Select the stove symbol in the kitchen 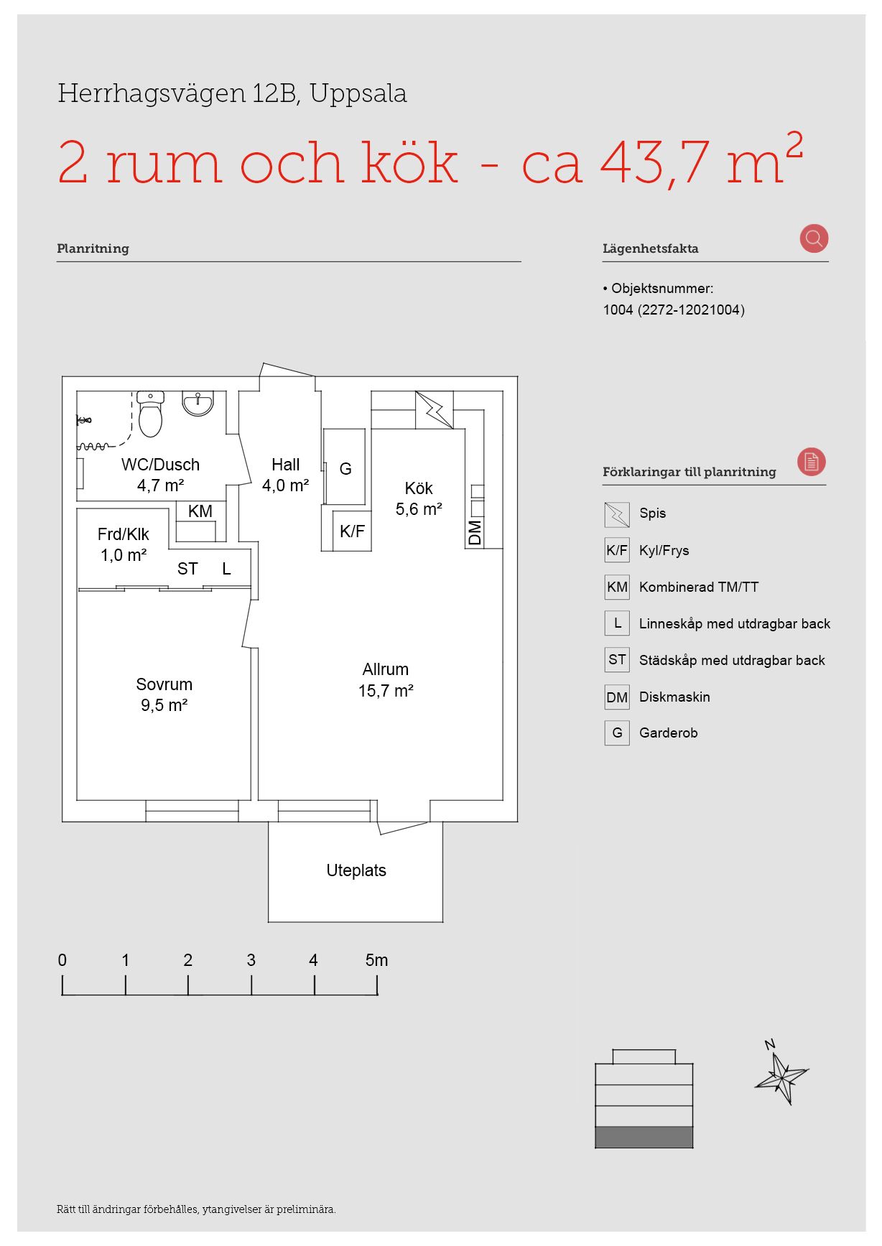[x=435, y=409]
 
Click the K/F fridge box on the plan [x=352, y=531]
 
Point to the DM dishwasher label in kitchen [x=475, y=533]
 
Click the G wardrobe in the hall [x=345, y=468]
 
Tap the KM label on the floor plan [x=200, y=511]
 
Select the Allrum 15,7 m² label [x=386, y=679]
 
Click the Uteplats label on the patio [x=356, y=870]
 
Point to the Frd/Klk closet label [x=124, y=544]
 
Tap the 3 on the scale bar [x=251, y=960]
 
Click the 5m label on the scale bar [x=376, y=960]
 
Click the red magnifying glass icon [x=814, y=238]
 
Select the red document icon [x=812, y=462]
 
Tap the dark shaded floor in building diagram [x=644, y=1138]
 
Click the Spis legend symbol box [x=617, y=514]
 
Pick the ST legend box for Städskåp [x=617, y=660]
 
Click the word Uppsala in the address [x=358, y=94]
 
